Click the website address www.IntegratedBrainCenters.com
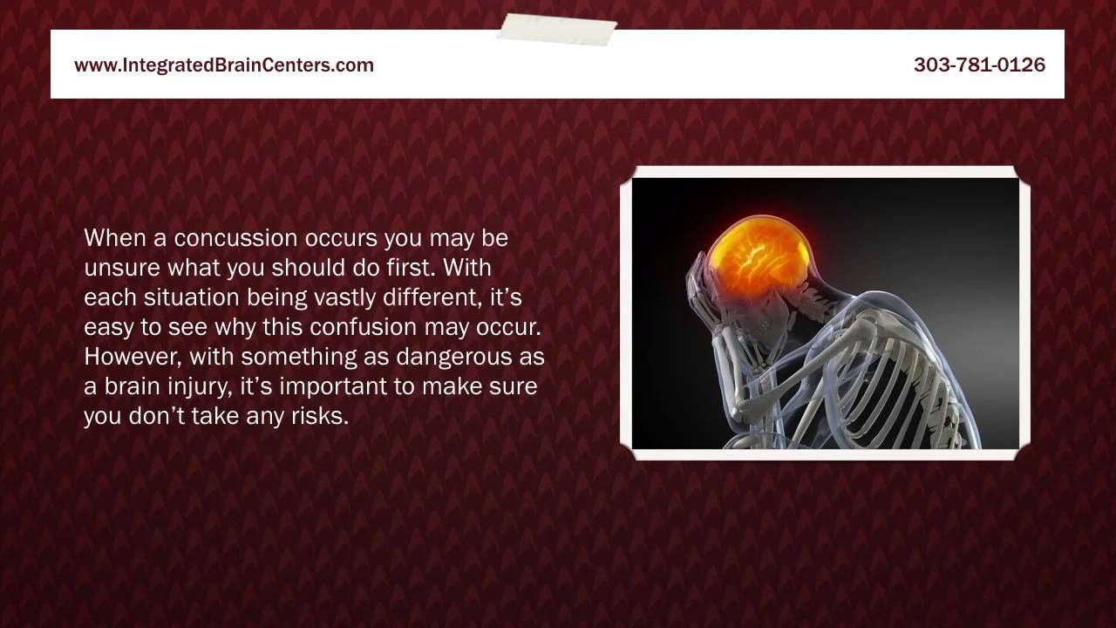224,65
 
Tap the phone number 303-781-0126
979,65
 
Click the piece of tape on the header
556,29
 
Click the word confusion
364,327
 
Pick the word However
133,357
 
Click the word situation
191,297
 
